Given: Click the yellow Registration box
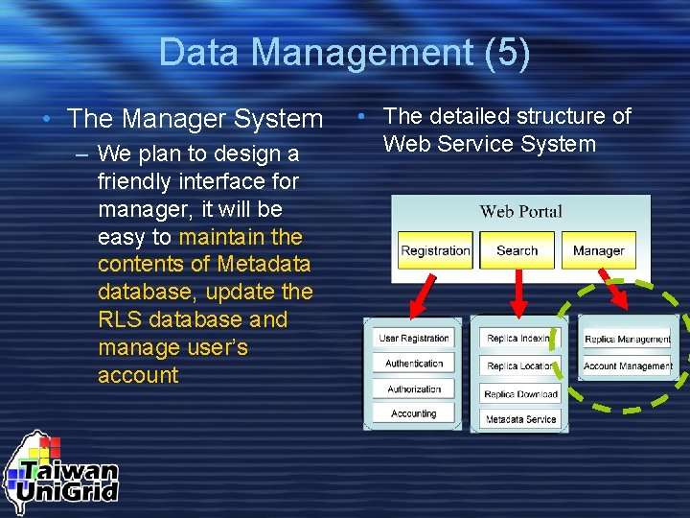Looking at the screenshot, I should point(435,250).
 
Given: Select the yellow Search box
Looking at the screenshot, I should point(517,250).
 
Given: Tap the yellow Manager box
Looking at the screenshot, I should point(598,250).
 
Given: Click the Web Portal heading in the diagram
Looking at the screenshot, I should point(520,211).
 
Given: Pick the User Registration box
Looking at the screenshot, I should point(413,339).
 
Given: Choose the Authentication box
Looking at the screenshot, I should point(413,364).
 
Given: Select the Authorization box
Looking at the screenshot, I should point(413,389).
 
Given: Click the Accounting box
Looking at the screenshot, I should point(413,414).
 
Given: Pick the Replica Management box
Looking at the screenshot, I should point(628,339).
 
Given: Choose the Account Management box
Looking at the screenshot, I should point(628,365).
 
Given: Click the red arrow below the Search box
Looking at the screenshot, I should point(518,292).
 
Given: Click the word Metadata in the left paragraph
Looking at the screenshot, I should point(264,264).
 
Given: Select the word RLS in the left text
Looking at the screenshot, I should point(118,319).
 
